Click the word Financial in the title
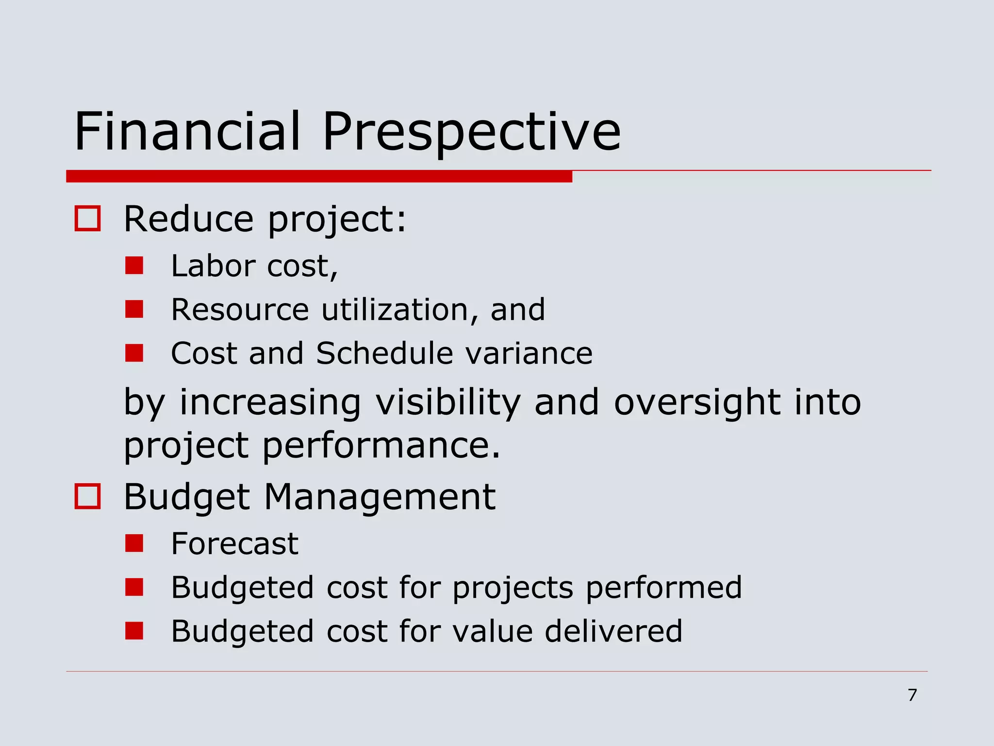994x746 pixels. [187, 131]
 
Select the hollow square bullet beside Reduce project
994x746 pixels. [87, 219]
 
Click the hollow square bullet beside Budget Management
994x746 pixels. [87, 496]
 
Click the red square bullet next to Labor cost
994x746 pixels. [134, 266]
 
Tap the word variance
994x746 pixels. [529, 353]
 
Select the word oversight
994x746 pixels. [697, 402]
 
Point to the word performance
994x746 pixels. [381, 445]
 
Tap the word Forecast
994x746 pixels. [234, 543]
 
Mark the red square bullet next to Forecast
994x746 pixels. [134, 543]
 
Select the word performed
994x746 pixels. [664, 587]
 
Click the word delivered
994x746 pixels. [613, 631]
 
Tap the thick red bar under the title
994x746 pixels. [319, 176]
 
